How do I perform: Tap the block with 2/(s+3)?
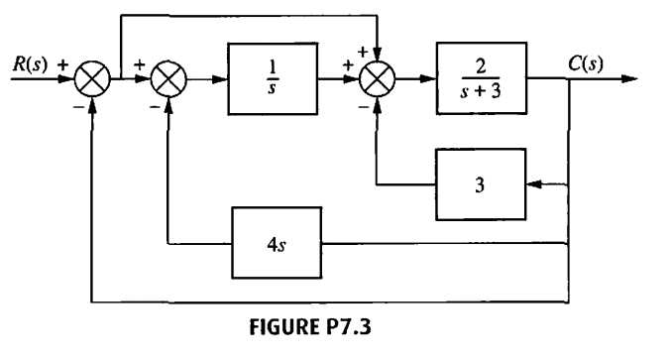point(486,79)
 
